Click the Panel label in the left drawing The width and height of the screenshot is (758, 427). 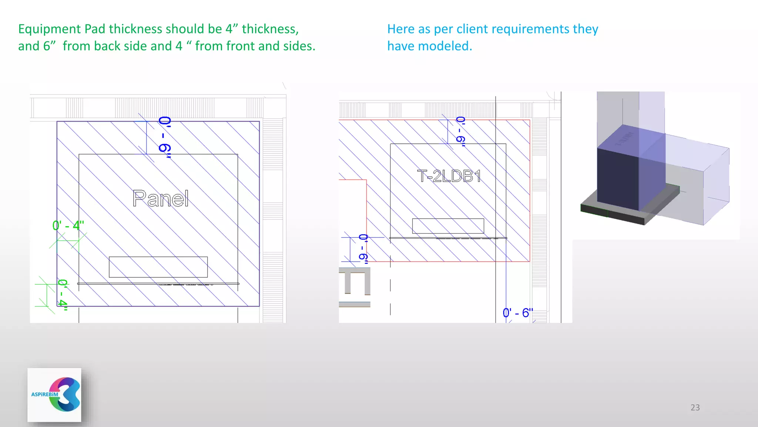click(x=161, y=199)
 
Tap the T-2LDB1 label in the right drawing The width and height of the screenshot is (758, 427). click(x=449, y=176)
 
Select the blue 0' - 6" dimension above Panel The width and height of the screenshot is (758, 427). click(x=165, y=137)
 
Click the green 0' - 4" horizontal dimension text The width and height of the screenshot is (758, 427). click(x=68, y=225)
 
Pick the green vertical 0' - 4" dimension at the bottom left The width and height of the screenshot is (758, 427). click(x=63, y=295)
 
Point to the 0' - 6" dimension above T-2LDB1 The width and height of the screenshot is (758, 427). click(x=461, y=131)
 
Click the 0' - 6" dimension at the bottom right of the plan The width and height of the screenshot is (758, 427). click(x=518, y=313)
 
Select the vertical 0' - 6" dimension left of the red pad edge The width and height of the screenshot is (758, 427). click(x=363, y=248)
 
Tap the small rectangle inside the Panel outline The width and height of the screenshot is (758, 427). click(x=158, y=267)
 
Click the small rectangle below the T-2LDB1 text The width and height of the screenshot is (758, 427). click(x=448, y=226)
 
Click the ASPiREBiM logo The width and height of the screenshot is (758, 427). click(x=54, y=395)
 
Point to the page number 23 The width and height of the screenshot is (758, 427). click(x=695, y=407)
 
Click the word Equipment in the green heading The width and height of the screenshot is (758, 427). click(x=50, y=29)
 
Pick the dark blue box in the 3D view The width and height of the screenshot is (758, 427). click(x=617, y=178)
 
